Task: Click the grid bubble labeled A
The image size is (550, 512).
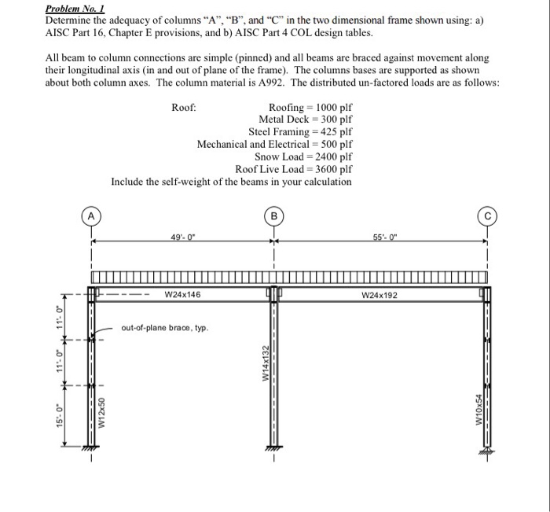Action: click(92, 215)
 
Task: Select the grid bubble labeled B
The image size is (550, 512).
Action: click(274, 215)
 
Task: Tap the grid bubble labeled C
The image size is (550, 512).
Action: click(488, 215)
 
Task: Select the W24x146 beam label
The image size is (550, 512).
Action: click(182, 295)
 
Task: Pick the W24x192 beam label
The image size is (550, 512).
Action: click(380, 295)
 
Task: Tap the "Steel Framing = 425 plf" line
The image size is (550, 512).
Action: click(300, 131)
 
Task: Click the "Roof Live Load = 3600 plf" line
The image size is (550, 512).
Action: click(294, 169)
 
